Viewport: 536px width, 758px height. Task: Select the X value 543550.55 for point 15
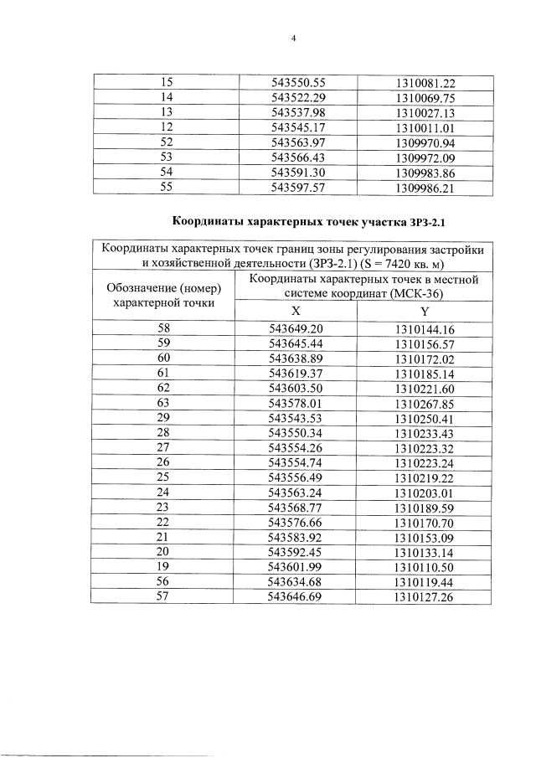(x=298, y=83)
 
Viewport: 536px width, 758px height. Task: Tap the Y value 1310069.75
(x=425, y=98)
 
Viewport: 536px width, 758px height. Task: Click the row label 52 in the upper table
(x=166, y=142)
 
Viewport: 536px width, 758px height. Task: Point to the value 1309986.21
(x=425, y=187)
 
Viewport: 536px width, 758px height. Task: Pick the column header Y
(x=425, y=309)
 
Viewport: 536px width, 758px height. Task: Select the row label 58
(x=166, y=329)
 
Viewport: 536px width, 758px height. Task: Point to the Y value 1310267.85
(x=425, y=403)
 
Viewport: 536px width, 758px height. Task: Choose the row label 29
(x=166, y=418)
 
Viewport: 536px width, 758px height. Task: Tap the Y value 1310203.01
(x=425, y=492)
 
